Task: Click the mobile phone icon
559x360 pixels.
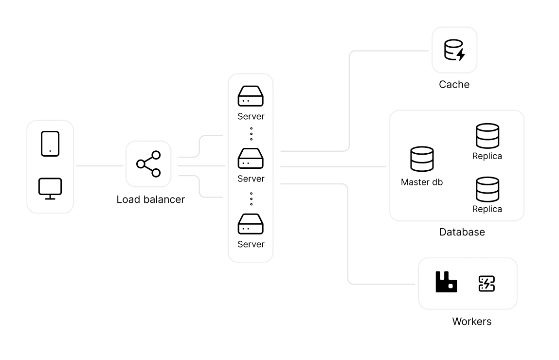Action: tap(50, 144)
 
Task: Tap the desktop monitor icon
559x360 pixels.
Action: tap(50, 189)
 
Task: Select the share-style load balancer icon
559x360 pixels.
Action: tap(148, 164)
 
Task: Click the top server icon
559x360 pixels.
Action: tap(251, 96)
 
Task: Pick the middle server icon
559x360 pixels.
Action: tap(251, 159)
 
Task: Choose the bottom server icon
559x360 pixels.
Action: tap(251, 224)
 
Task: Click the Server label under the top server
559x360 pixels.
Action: tap(251, 116)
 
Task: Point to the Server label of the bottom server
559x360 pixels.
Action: tap(251, 244)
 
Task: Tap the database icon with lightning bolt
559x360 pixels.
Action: tap(454, 50)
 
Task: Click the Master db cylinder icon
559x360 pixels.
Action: tap(422, 159)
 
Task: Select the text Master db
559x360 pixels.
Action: tap(422, 182)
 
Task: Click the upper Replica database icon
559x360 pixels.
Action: tap(487, 136)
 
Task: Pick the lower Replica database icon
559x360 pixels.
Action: tap(487, 189)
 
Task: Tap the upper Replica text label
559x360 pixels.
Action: tap(487, 157)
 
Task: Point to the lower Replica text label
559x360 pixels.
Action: tap(487, 209)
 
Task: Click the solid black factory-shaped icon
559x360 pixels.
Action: tap(446, 282)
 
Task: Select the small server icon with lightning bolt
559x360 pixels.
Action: tap(487, 284)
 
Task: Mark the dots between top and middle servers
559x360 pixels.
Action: tap(251, 134)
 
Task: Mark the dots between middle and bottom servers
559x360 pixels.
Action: tap(251, 198)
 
